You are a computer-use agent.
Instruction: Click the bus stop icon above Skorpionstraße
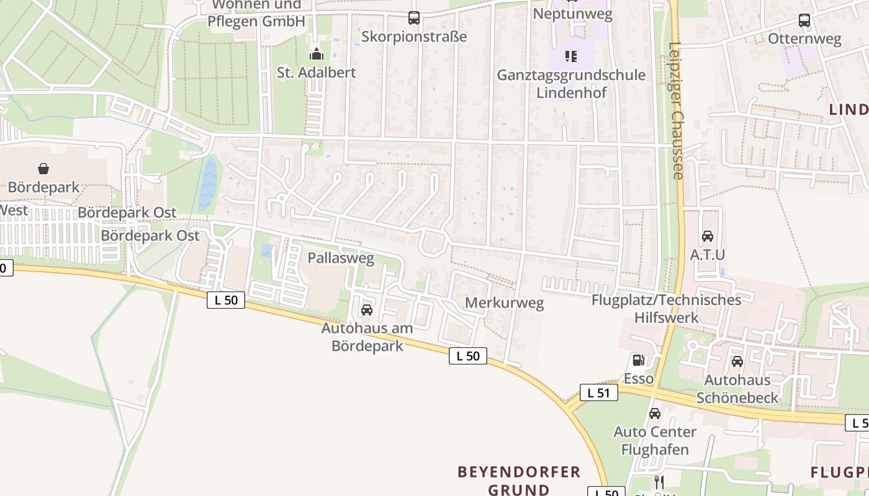pyautogui.click(x=414, y=18)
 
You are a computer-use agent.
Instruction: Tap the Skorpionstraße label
pyautogui.click(x=414, y=37)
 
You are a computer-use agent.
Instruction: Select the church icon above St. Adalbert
pyautogui.click(x=317, y=55)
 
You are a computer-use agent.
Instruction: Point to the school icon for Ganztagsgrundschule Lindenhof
pyautogui.click(x=571, y=57)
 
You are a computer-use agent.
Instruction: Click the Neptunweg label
pyautogui.click(x=572, y=14)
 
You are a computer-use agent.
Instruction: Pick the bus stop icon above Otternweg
pyautogui.click(x=804, y=20)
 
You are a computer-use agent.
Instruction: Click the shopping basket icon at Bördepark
pyautogui.click(x=43, y=169)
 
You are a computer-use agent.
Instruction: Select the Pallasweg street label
pyautogui.click(x=341, y=258)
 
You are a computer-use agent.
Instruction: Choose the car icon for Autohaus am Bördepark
pyautogui.click(x=367, y=310)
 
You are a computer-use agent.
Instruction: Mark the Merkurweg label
pyautogui.click(x=504, y=303)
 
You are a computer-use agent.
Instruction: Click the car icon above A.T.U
pyautogui.click(x=708, y=236)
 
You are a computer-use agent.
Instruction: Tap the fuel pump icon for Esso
pyautogui.click(x=638, y=360)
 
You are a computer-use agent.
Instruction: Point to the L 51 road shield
pyautogui.click(x=599, y=392)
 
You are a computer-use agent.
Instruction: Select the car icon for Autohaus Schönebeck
pyautogui.click(x=737, y=361)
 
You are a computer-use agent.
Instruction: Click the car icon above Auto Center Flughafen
pyautogui.click(x=655, y=414)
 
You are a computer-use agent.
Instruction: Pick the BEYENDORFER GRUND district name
pyautogui.click(x=519, y=480)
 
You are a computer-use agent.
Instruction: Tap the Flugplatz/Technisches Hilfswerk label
pyautogui.click(x=667, y=309)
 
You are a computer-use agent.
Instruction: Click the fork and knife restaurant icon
pyautogui.click(x=659, y=482)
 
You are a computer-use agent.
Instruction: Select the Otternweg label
pyautogui.click(x=804, y=39)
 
